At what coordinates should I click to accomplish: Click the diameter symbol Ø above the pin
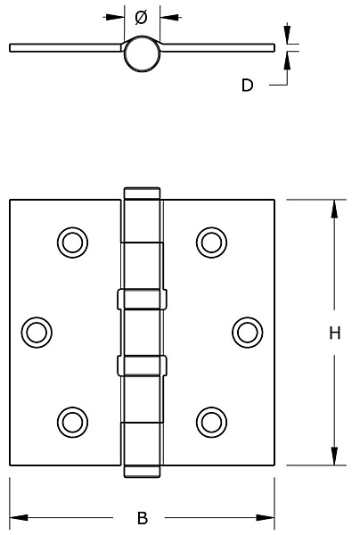point(141,17)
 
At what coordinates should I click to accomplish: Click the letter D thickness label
point(247,85)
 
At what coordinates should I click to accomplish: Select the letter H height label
point(335,333)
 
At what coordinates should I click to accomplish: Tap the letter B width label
point(143,518)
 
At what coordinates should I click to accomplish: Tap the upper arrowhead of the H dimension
point(334,209)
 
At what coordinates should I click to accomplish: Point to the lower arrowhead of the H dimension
point(334,456)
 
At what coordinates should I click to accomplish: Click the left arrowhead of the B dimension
point(19,517)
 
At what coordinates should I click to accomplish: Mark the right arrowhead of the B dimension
point(266,517)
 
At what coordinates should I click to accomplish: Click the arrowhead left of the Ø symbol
point(115,17)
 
